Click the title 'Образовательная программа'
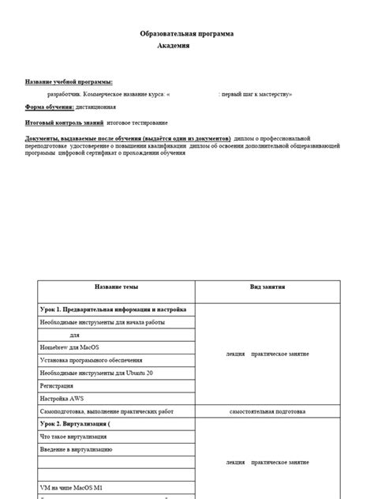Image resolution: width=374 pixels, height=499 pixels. [x=187, y=34]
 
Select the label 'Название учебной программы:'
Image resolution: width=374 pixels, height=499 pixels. [x=69, y=81]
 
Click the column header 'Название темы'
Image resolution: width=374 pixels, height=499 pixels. [x=117, y=289]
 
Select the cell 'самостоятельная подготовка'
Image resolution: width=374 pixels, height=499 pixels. [x=267, y=411]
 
